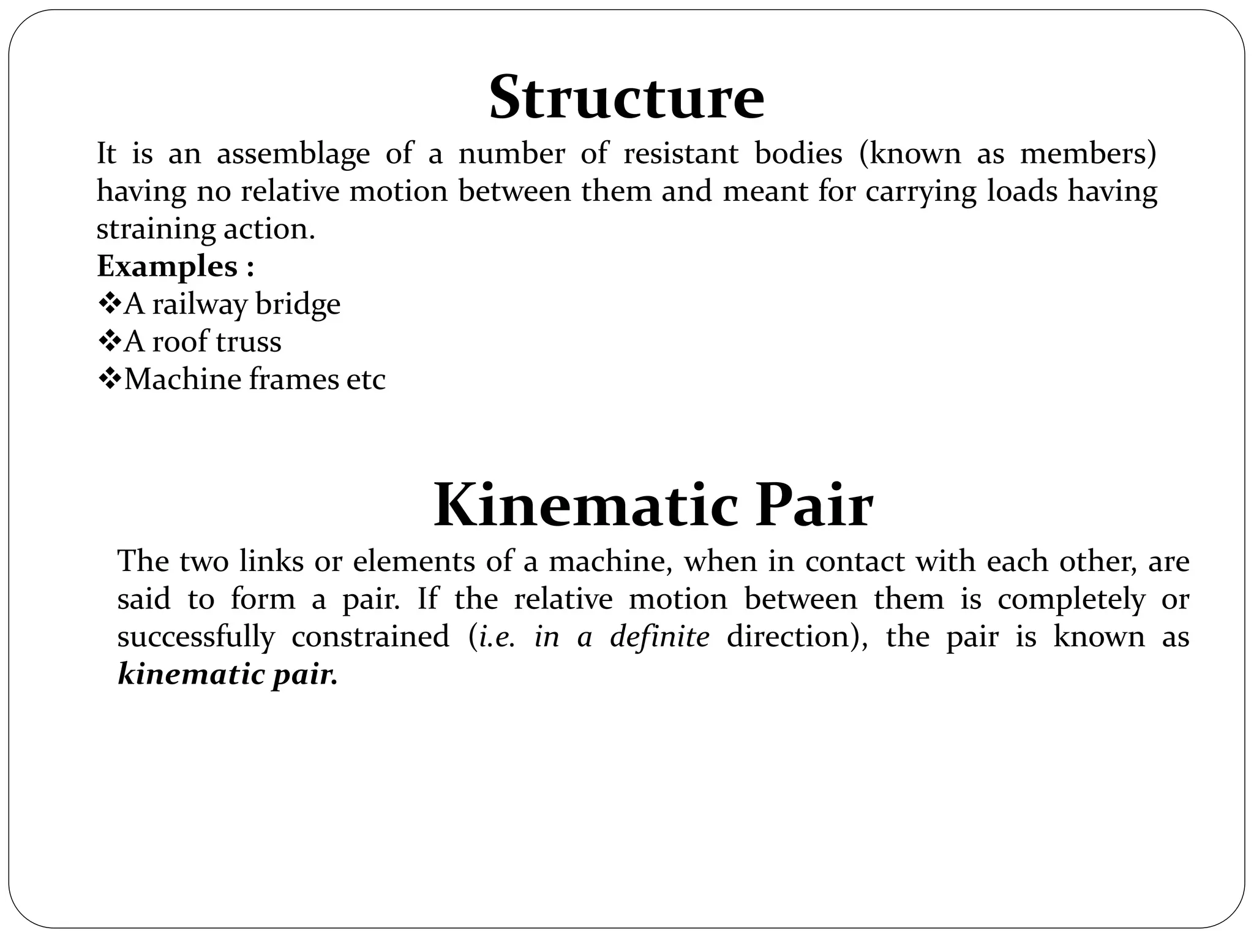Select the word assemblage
(293, 154)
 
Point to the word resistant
(680, 154)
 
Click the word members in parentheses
(1087, 154)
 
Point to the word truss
(247, 342)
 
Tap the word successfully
(196, 637)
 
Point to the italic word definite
(659, 637)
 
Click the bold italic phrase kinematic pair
(227, 675)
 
